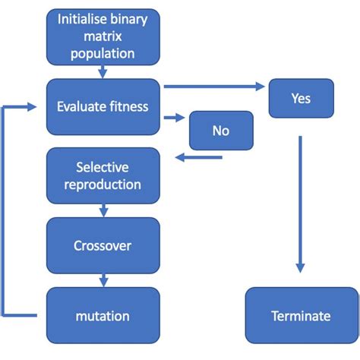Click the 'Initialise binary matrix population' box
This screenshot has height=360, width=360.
(103, 37)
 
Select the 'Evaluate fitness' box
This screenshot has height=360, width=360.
(103, 107)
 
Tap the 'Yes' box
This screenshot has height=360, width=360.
(302, 98)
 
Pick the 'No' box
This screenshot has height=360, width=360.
(221, 131)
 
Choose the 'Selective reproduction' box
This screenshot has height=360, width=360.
(103, 175)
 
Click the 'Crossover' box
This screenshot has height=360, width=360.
(103, 245)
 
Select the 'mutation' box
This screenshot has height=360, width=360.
(103, 315)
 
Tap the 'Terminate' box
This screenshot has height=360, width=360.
(302, 315)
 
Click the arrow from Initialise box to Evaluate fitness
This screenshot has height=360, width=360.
(103, 72)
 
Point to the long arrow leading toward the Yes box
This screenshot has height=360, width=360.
(214, 87)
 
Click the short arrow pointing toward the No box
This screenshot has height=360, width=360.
(175, 118)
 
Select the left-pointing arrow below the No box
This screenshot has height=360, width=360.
(199, 157)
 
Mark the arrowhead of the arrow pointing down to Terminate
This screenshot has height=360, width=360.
(300, 268)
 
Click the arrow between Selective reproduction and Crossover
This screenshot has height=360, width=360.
(103, 210)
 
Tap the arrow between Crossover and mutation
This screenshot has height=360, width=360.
(103, 280)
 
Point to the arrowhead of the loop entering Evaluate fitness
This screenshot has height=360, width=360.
(32, 107)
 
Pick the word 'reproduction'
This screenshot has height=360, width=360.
(103, 185)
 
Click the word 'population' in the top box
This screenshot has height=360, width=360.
(103, 54)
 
